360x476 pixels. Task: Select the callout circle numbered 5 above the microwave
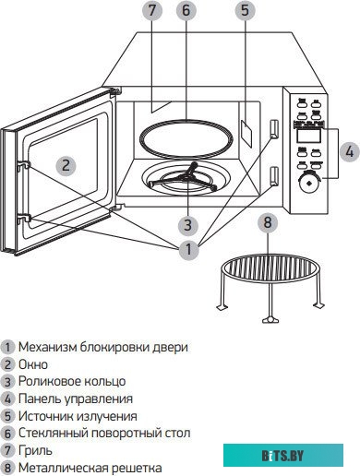coord(245,12)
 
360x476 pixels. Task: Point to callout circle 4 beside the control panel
coord(347,150)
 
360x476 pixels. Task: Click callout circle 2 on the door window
coord(65,165)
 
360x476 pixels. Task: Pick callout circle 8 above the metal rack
coord(267,222)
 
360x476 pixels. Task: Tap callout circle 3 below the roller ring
coord(187,224)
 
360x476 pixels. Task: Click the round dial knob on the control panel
coord(306,184)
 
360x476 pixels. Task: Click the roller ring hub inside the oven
coord(187,176)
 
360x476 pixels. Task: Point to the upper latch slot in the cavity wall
coord(273,127)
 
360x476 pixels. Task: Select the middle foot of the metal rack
coord(267,318)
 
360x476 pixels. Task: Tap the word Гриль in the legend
coord(36,450)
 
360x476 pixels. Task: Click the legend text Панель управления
coord(76,399)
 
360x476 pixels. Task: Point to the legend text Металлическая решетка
coord(84,468)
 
